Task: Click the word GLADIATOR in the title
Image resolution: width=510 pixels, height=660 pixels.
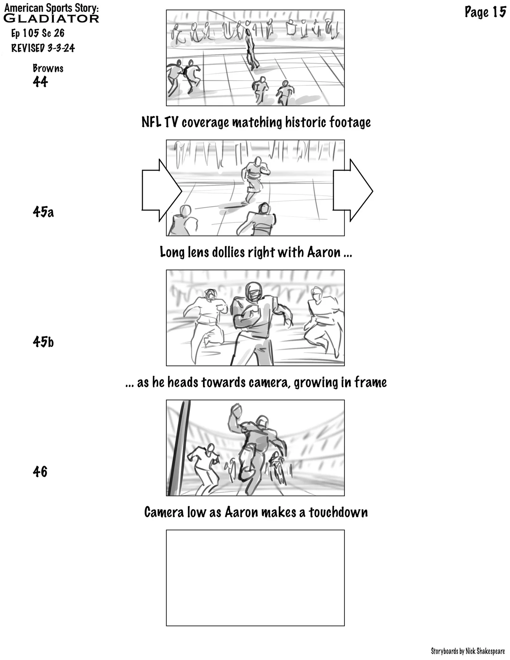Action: coord(51,18)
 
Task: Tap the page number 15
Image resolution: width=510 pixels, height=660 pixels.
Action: coord(499,12)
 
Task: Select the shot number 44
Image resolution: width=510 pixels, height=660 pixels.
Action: coord(40,82)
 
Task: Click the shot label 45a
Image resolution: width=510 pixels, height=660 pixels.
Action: coord(43,212)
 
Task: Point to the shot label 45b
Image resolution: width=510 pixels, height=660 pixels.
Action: coord(43,342)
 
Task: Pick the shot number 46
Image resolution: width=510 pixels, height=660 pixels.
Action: coord(40,472)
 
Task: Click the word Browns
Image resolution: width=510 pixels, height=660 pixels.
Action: coord(48,68)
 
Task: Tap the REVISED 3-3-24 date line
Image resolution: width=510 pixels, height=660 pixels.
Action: coord(43,48)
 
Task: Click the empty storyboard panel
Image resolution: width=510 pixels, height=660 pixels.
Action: coord(255,578)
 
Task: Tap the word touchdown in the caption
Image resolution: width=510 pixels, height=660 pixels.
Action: coord(338,512)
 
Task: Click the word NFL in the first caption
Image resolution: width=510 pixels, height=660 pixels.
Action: coord(151,122)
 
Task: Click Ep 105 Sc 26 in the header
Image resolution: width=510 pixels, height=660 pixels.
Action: coord(38,33)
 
